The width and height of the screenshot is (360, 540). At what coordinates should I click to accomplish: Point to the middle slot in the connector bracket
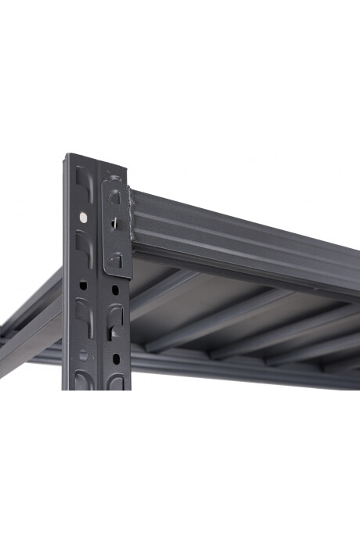click(114, 223)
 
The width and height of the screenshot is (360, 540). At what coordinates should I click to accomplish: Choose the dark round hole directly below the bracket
click(115, 290)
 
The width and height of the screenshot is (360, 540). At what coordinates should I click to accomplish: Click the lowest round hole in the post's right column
click(115, 358)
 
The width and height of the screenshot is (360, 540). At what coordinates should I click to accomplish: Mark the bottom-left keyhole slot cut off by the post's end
click(83, 380)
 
